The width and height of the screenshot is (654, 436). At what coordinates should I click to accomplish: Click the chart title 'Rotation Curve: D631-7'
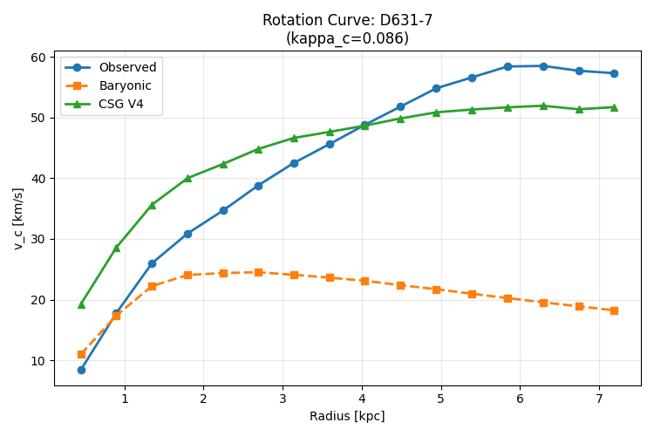pyautogui.click(x=347, y=20)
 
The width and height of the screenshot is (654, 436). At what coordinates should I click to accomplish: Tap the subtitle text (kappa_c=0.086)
pyautogui.click(x=347, y=38)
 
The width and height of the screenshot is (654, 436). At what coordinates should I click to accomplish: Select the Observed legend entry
pyautogui.click(x=111, y=67)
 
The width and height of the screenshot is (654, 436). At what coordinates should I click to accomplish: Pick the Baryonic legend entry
pyautogui.click(x=108, y=85)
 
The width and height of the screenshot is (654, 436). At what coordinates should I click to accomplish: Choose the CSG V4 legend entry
pyautogui.click(x=105, y=104)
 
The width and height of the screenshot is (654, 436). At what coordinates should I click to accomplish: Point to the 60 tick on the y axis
pyautogui.click(x=37, y=58)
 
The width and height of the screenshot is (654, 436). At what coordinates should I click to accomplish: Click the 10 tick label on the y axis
pyautogui.click(x=37, y=361)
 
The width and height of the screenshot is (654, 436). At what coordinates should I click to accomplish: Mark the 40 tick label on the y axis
pyautogui.click(x=37, y=179)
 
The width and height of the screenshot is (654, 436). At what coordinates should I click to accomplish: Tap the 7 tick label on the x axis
pyautogui.click(x=599, y=399)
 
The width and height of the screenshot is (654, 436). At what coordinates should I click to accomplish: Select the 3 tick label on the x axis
pyautogui.click(x=283, y=399)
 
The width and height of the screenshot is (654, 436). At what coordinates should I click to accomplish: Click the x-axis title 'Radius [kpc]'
pyautogui.click(x=347, y=416)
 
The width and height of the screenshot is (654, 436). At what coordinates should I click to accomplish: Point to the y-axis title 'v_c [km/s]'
pyautogui.click(x=18, y=219)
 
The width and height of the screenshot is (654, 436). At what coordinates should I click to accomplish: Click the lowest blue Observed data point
pyautogui.click(x=81, y=370)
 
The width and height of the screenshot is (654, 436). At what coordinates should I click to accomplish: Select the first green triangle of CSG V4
pyautogui.click(x=81, y=305)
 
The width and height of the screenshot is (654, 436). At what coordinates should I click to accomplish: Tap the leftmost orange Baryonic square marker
pyautogui.click(x=81, y=354)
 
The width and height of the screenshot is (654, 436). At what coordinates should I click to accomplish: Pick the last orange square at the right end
pyautogui.click(x=614, y=310)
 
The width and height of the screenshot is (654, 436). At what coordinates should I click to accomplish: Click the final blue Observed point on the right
pyautogui.click(x=614, y=73)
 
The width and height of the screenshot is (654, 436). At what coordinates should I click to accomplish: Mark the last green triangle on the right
pyautogui.click(x=614, y=107)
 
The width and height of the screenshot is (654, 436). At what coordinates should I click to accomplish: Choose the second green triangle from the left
pyautogui.click(x=117, y=249)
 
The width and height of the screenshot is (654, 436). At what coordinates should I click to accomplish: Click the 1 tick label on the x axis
pyautogui.click(x=125, y=399)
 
